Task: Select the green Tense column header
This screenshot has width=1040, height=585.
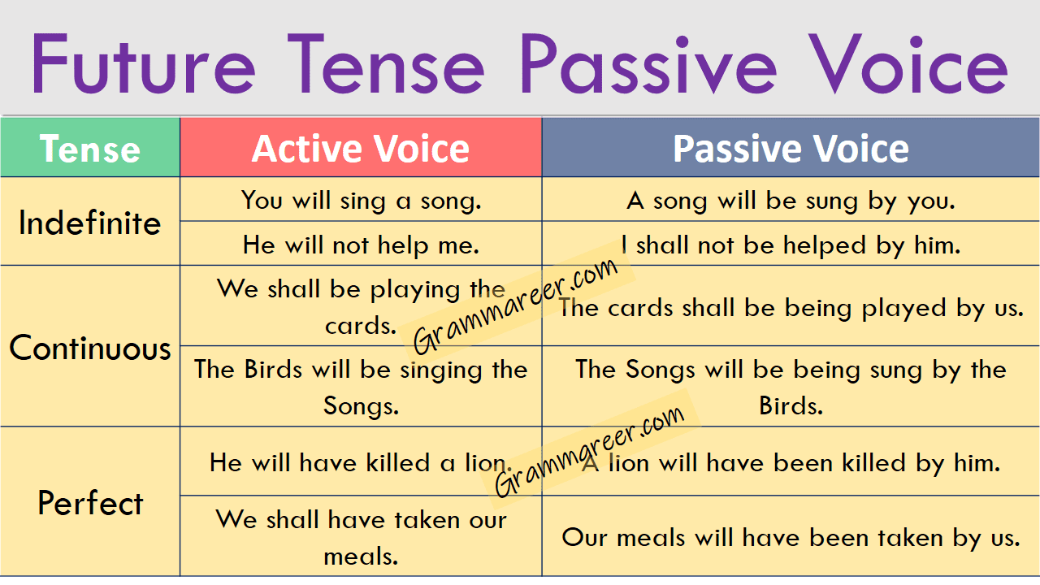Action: [90, 149]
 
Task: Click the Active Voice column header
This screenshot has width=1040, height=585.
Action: [361, 149]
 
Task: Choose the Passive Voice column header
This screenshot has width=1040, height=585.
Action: [791, 149]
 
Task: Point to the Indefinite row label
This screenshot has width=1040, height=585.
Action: [90, 223]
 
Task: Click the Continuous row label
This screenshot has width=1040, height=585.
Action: [90, 348]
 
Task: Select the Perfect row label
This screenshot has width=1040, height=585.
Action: [90, 503]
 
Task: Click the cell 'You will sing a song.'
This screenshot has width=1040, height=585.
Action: [361, 200]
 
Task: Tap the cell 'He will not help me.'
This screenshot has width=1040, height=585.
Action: [361, 244]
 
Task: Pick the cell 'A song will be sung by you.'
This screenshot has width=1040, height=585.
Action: [791, 200]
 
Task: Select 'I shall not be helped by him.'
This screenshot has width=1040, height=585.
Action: [791, 245]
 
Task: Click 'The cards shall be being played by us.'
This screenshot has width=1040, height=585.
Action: [791, 308]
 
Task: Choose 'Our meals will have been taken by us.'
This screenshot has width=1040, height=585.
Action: [791, 537]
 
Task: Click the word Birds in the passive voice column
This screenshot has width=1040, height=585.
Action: [791, 405]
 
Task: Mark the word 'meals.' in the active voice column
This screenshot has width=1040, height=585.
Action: [361, 557]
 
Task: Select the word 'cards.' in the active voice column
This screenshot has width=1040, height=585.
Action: [361, 325]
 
